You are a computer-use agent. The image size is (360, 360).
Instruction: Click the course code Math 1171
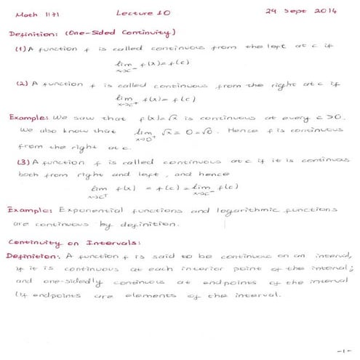tap(25, 14)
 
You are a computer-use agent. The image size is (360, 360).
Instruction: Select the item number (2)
tap(23, 84)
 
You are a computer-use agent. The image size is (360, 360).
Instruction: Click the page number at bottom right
tap(343, 350)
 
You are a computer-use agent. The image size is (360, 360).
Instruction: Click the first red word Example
tap(29, 116)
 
